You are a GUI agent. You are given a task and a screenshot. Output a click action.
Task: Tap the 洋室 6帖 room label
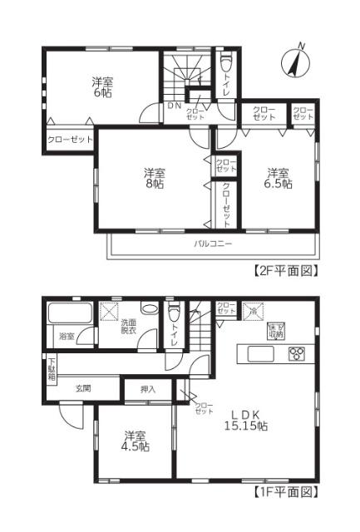(102, 86)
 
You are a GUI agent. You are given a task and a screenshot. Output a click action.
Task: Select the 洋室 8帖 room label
(153, 179)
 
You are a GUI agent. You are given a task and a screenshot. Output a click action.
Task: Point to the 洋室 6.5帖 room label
(279, 179)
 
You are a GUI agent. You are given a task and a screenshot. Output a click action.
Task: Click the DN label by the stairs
(174, 106)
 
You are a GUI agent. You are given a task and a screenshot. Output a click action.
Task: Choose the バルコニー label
(214, 244)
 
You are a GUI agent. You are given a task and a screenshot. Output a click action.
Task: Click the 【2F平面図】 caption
(286, 271)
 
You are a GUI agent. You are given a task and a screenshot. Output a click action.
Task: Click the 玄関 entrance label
(84, 388)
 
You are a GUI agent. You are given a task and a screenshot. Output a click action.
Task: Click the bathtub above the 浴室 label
(70, 314)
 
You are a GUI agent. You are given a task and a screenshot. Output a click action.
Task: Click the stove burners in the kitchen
(296, 353)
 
